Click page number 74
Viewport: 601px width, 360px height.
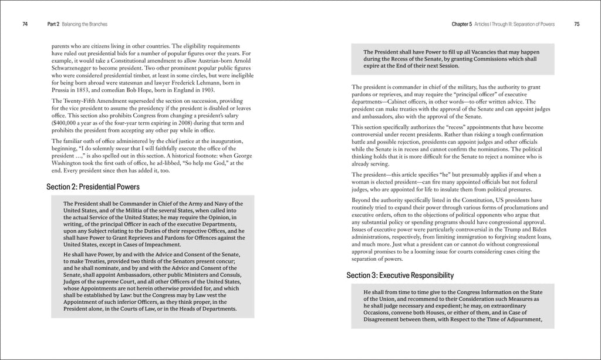click(x=25, y=24)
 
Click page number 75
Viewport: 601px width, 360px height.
click(x=577, y=24)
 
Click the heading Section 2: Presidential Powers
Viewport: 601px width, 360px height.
click(x=93, y=187)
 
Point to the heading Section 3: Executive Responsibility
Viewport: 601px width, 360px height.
click(x=400, y=275)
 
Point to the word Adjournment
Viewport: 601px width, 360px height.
click(x=518, y=320)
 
